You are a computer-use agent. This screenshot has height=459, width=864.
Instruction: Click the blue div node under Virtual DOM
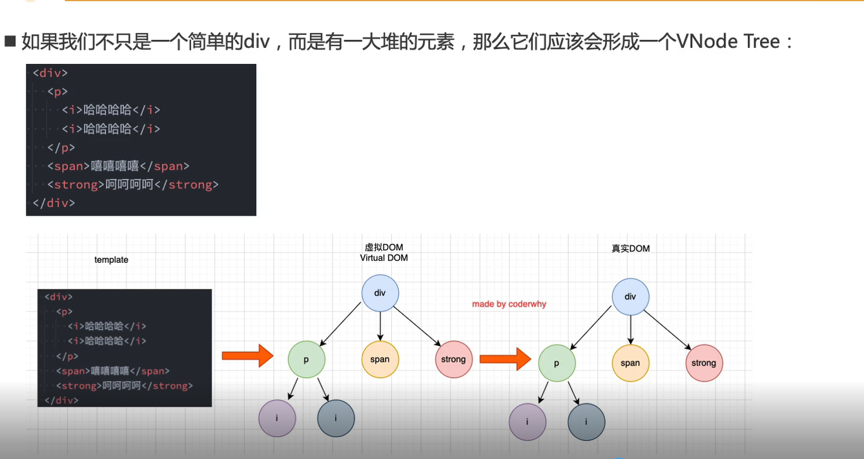coord(380,293)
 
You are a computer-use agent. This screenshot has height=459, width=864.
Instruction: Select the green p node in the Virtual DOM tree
coord(306,359)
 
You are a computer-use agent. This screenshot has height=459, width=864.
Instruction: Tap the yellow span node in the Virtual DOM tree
coord(380,359)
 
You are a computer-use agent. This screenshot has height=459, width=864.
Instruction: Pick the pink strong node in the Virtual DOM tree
coord(453,359)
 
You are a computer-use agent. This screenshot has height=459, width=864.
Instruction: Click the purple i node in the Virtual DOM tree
coord(277,418)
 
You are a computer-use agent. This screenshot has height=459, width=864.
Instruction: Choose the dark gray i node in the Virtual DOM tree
coord(336,418)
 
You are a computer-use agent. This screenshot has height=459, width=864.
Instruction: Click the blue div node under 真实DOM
coord(630,297)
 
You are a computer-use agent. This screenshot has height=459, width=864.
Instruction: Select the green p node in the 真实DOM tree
coord(557,363)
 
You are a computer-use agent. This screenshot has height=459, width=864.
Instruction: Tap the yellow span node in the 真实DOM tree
coord(630,363)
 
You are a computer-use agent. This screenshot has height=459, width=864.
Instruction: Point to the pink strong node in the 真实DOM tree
coord(704,363)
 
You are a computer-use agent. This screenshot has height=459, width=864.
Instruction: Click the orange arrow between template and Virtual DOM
coord(248,356)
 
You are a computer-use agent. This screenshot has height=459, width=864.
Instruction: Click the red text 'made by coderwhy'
coord(509,304)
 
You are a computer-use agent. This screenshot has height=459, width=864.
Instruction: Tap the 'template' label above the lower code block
coord(111,260)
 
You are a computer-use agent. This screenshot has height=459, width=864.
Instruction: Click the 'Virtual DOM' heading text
coord(384,258)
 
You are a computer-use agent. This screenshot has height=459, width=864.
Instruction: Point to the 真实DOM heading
coord(630,249)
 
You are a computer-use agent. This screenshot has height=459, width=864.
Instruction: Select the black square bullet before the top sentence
coord(10,43)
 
